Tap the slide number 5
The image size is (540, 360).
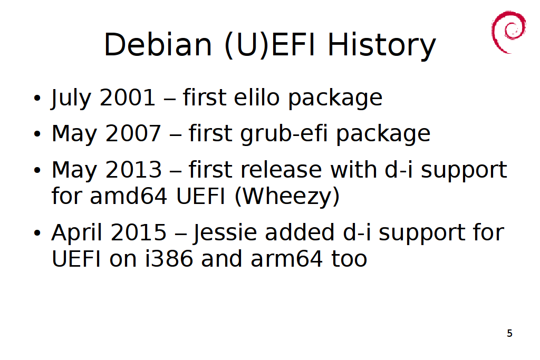510,333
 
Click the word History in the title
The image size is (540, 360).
382,45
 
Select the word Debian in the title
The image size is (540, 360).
158,44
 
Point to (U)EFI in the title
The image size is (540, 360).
269,45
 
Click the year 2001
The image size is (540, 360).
128,98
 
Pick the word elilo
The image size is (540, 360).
257,97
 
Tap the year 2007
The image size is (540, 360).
133,133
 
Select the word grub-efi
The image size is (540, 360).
284,133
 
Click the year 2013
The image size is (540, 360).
133,170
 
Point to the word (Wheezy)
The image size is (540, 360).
287,197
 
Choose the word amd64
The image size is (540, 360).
129,196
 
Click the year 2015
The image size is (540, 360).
139,232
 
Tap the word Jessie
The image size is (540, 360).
225,232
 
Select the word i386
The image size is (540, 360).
169,258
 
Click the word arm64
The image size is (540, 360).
286,259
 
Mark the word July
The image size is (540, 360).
71,98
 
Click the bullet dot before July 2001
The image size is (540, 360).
37,98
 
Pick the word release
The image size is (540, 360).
281,170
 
